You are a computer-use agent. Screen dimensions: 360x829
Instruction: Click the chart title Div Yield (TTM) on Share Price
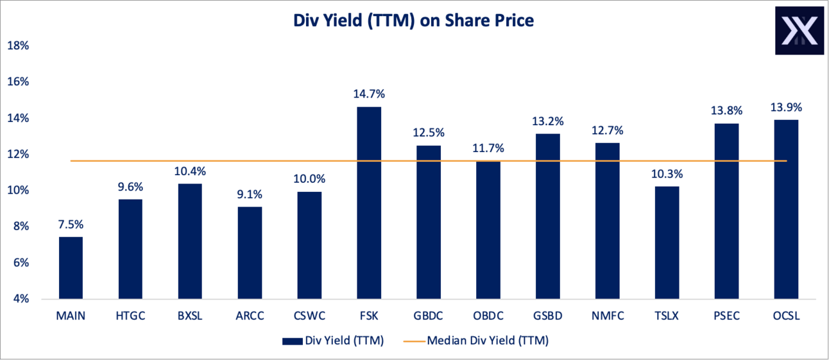point(414,20)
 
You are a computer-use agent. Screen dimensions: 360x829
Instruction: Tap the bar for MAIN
point(70,268)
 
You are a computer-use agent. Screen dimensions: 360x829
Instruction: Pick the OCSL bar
point(786,209)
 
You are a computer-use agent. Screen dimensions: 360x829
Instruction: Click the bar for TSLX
point(667,243)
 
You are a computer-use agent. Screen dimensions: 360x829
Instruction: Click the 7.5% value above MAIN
point(70,225)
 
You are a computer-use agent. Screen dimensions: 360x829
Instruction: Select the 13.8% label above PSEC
point(726,110)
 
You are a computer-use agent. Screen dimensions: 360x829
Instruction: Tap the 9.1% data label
point(249,194)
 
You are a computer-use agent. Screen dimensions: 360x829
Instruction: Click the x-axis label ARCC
point(249,315)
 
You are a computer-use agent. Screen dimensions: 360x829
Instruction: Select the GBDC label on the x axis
point(428,315)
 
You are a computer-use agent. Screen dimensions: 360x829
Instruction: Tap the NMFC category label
point(607,315)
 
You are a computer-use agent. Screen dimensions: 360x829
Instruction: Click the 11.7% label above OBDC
point(488,148)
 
